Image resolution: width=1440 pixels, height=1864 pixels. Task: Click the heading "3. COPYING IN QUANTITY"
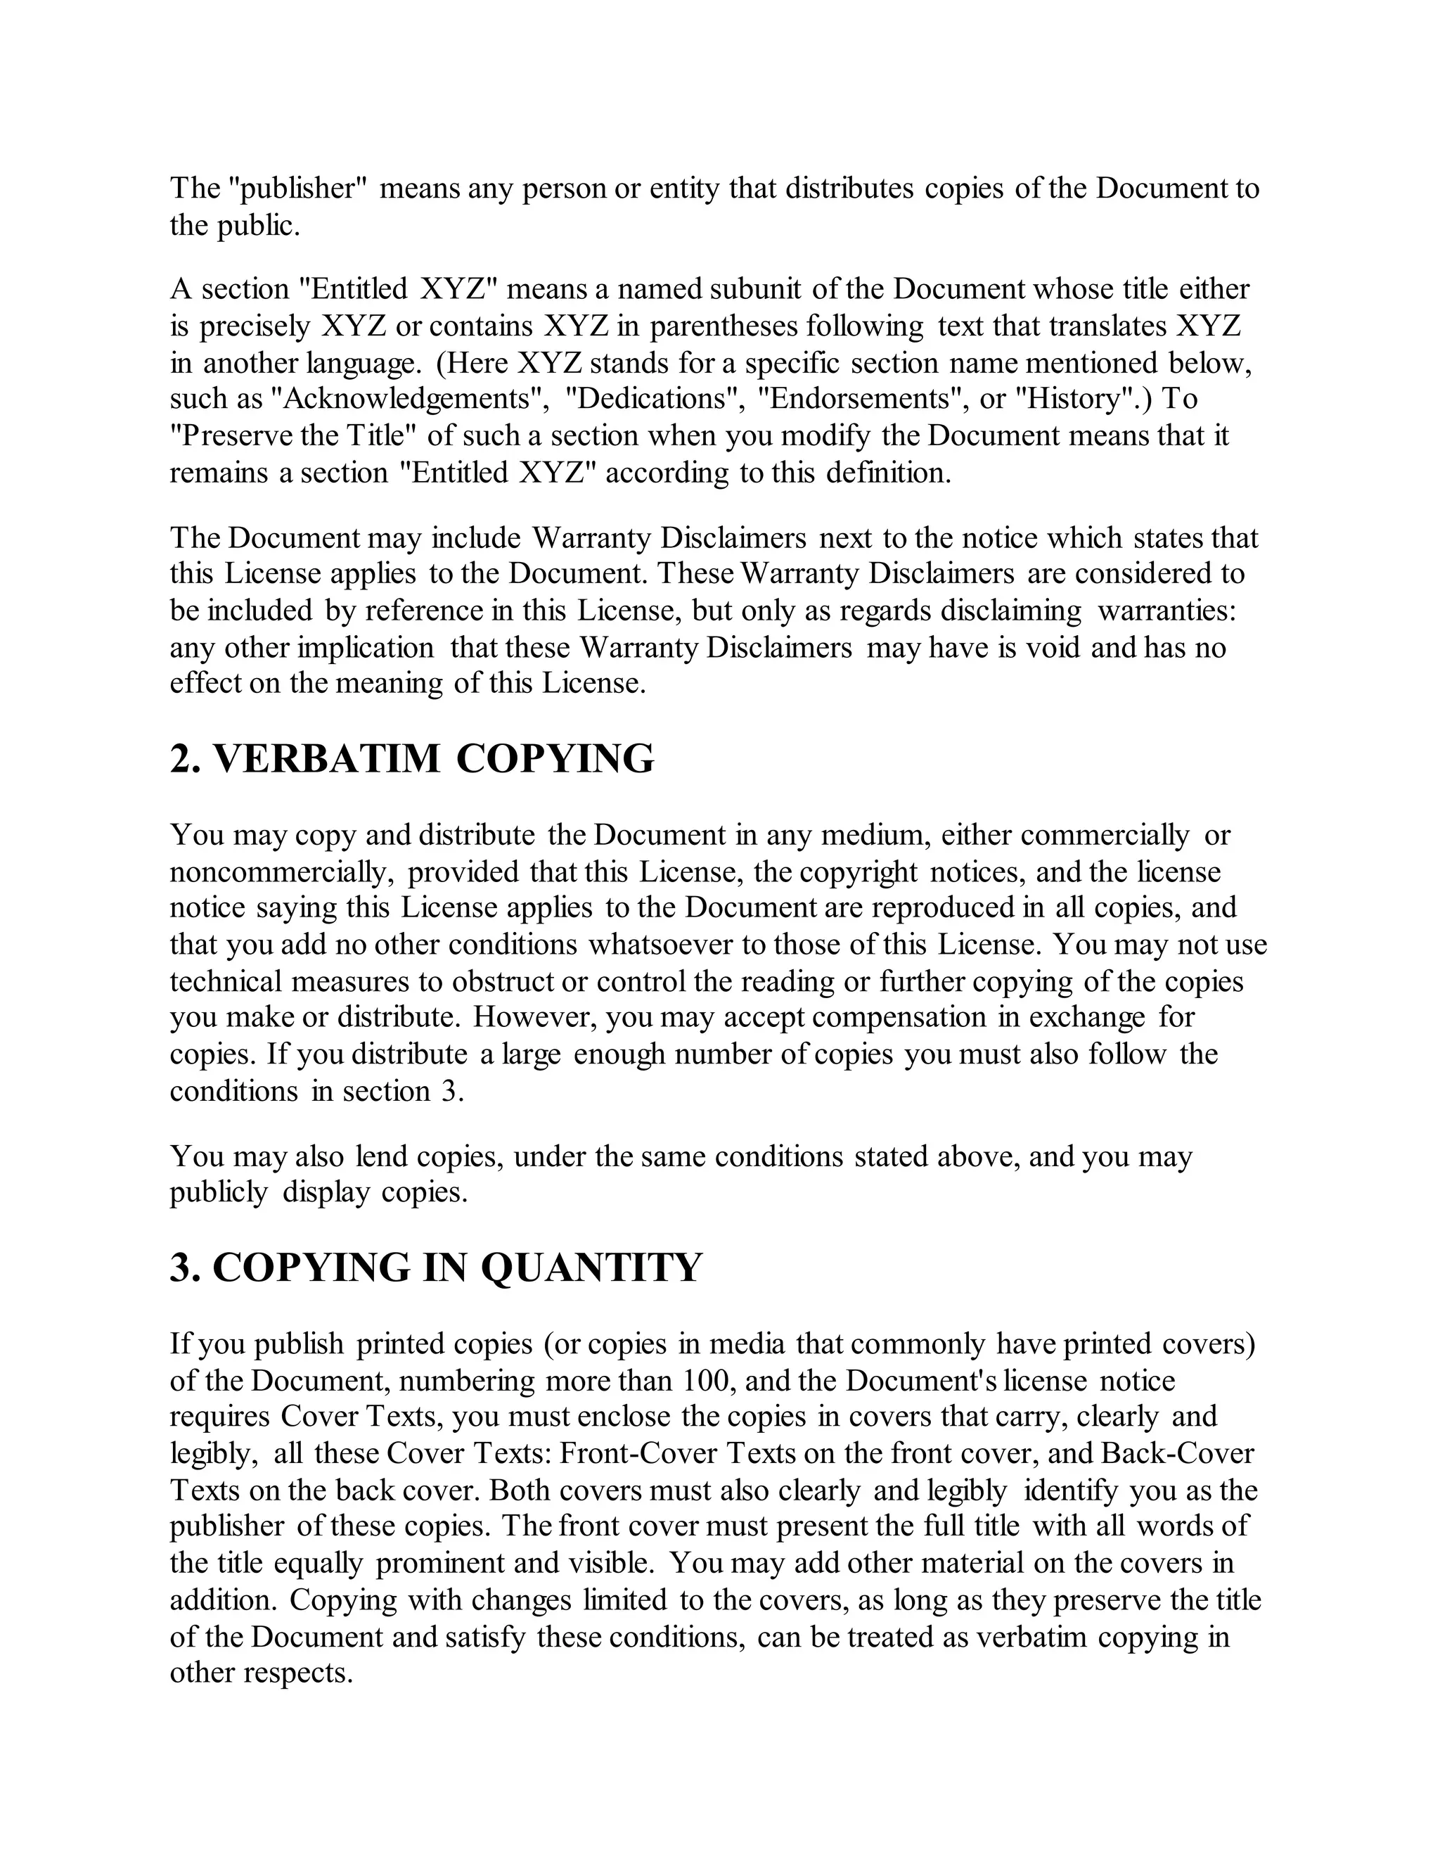436,1268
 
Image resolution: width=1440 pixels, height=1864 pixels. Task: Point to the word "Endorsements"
863,399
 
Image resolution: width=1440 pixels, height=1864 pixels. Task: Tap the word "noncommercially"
281,872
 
